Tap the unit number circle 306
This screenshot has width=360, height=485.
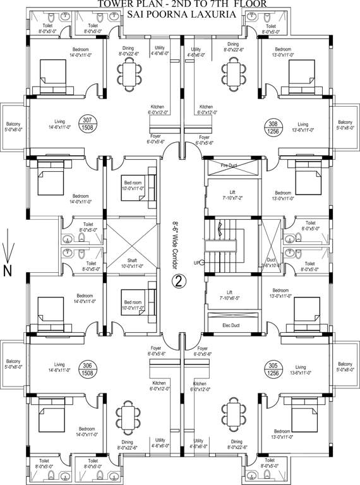tap(88, 369)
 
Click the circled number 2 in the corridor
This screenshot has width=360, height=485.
tap(179, 280)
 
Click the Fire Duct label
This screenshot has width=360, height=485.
tap(232, 165)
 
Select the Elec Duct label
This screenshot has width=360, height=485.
tap(232, 325)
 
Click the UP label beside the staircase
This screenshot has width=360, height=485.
tap(196, 262)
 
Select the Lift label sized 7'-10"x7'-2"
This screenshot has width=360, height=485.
tap(232, 195)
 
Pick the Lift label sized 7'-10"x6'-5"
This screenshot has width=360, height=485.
tap(232, 294)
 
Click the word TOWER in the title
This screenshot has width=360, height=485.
tap(116, 4)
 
